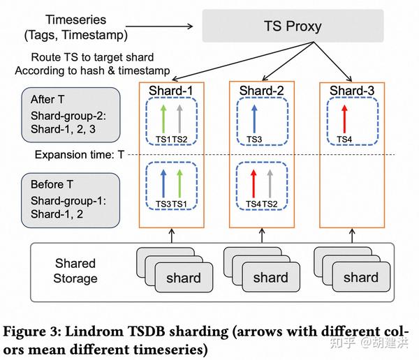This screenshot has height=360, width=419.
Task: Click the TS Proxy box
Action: click(293, 27)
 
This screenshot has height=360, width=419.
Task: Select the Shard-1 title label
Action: click(172, 91)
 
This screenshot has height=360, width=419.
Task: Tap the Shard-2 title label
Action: click(263, 91)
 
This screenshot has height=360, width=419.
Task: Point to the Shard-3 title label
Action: click(353, 91)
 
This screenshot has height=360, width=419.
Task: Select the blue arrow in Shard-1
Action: click(164, 183)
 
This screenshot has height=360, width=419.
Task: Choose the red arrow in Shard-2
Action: click(254, 183)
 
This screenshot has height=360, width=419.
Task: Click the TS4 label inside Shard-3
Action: click(344, 140)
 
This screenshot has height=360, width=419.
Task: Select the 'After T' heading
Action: click(47, 100)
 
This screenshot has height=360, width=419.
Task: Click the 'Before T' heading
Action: click(51, 184)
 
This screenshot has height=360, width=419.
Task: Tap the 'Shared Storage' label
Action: click(75, 271)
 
